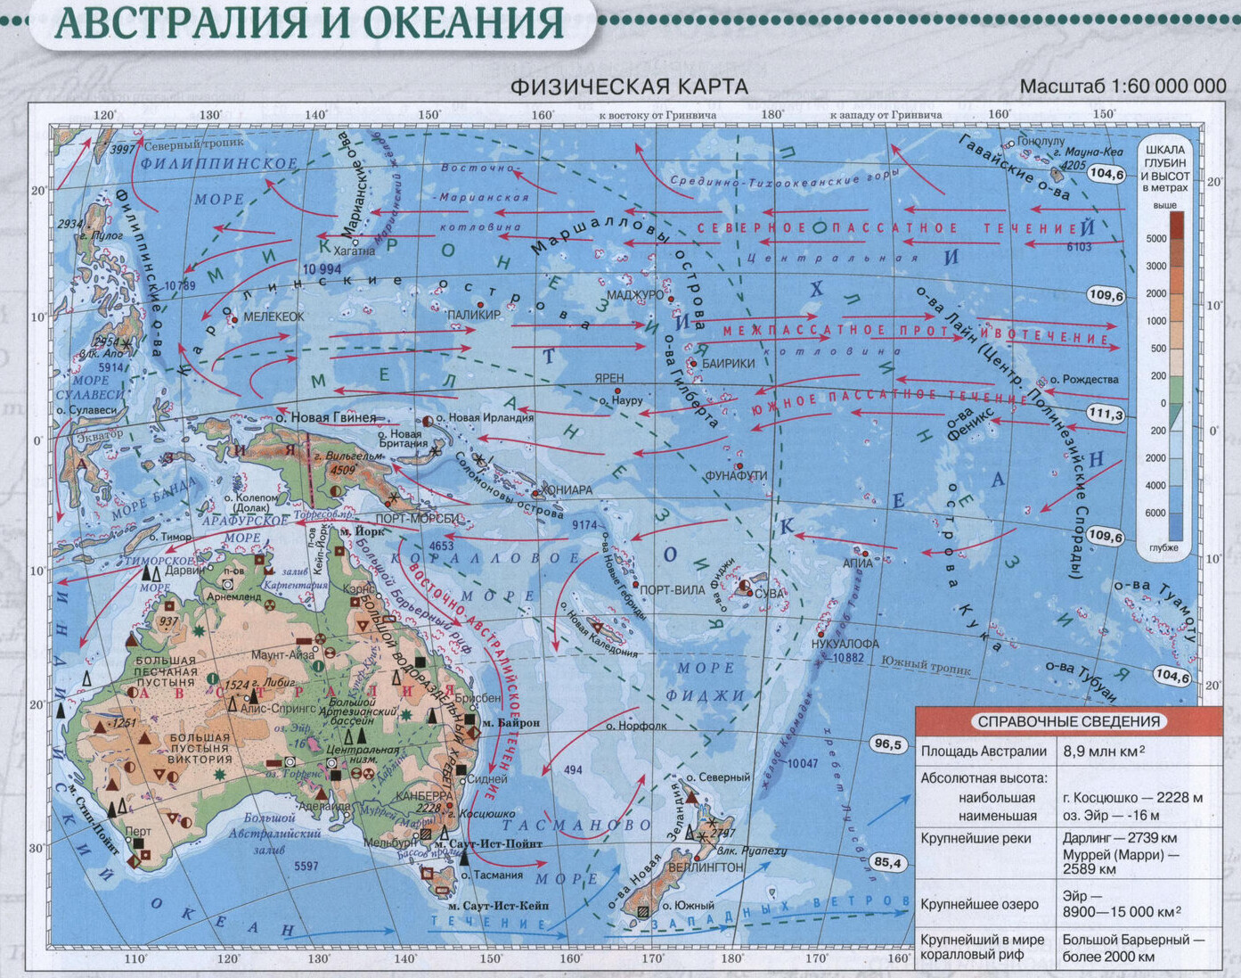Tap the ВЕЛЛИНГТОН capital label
click(x=705, y=867)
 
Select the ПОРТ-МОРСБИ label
click(x=418, y=519)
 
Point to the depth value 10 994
click(x=322, y=268)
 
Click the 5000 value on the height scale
click(x=1156, y=239)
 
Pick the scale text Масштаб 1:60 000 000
click(x=1123, y=86)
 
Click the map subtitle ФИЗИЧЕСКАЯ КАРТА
click(x=628, y=86)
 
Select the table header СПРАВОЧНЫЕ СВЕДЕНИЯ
click(x=1068, y=722)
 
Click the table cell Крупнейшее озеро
click(x=979, y=904)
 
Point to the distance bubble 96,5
click(x=887, y=744)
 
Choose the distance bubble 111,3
click(x=1106, y=414)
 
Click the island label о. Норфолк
click(x=636, y=726)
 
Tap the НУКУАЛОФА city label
click(x=845, y=644)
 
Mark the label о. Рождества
click(x=1084, y=379)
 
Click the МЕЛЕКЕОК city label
click(x=274, y=316)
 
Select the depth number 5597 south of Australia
click(x=306, y=866)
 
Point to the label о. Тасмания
click(x=492, y=875)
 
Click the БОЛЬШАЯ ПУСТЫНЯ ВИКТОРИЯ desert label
click(x=200, y=749)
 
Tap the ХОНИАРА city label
click(x=566, y=489)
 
